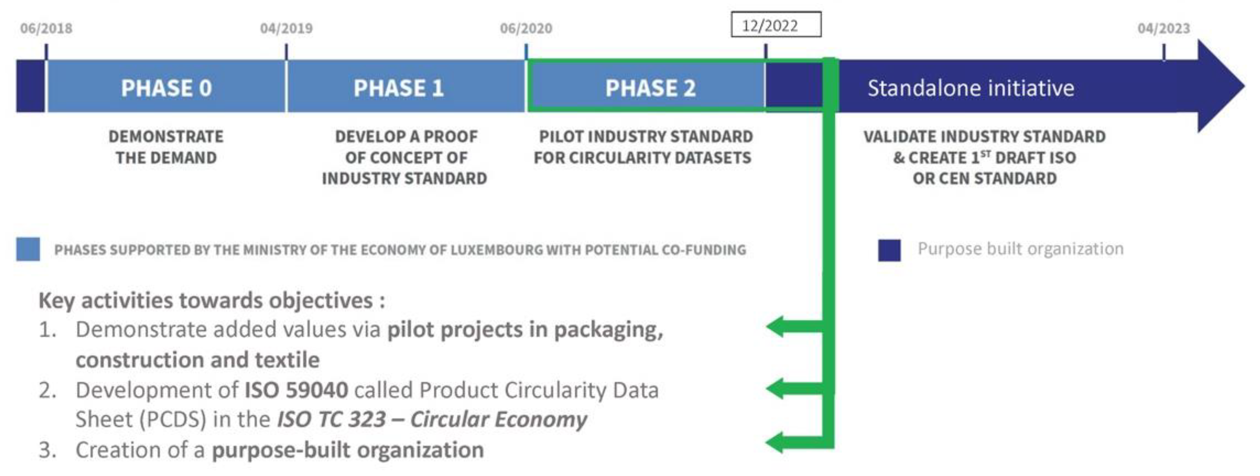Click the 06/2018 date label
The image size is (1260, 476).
46,28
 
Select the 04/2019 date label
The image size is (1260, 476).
286,28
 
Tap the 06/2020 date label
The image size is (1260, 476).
526,28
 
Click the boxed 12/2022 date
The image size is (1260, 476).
776,24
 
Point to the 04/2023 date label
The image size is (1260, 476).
1164,28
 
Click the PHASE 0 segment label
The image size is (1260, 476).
166,88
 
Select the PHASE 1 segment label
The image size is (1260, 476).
399,88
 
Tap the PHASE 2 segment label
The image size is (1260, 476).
650,88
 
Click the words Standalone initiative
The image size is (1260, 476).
971,88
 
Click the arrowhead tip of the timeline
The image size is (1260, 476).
1244,86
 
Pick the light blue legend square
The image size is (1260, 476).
28,249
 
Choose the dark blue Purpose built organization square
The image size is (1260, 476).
889,250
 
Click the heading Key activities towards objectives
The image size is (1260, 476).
211,300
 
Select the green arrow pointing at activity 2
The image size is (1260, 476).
795,389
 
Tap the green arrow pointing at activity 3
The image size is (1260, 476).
795,443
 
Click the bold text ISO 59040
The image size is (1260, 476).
296,390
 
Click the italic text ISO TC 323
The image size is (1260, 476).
332,420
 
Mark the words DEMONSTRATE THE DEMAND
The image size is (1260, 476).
166,147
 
